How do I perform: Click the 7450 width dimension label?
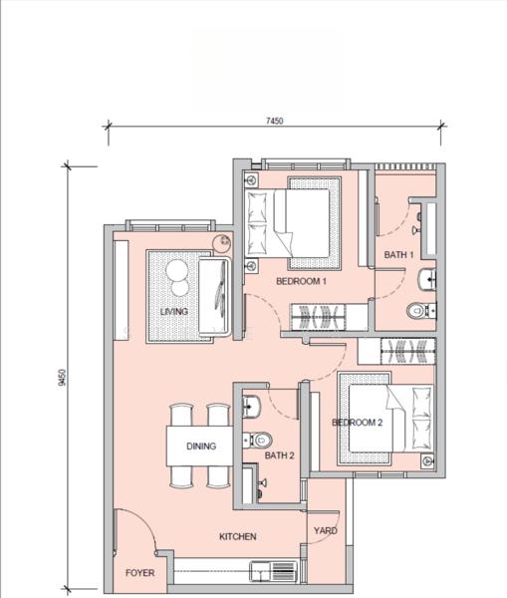point(275,121)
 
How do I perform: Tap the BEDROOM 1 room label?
point(301,282)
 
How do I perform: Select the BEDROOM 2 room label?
point(357,423)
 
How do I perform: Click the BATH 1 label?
point(398,255)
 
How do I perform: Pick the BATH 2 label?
point(279,455)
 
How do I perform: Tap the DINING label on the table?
point(200,447)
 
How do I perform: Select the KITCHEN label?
point(238,536)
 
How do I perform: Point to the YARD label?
point(325,530)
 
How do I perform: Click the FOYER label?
point(139,574)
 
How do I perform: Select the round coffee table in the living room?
point(177,279)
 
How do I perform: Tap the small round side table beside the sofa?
point(225,240)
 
